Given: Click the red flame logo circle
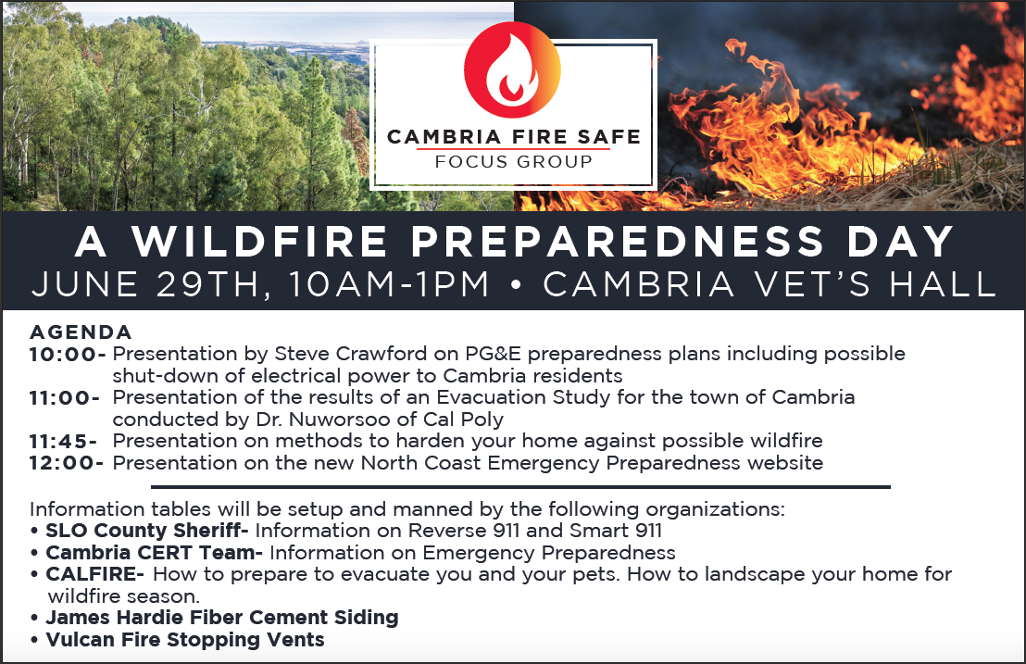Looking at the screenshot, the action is pyautogui.click(x=512, y=69).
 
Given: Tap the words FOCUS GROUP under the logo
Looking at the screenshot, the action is pyautogui.click(x=514, y=161).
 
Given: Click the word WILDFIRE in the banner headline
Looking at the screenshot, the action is pyautogui.click(x=260, y=241).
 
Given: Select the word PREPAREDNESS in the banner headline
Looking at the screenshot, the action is pyautogui.click(x=617, y=241).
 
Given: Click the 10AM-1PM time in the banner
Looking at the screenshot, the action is pyautogui.click(x=389, y=284).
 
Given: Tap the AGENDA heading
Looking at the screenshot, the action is pyautogui.click(x=81, y=332).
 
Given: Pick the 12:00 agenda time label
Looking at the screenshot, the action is pyautogui.click(x=67, y=463).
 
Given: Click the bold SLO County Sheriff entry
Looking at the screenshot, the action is pyautogui.click(x=146, y=530).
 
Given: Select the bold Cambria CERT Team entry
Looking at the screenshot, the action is pyautogui.click(x=154, y=552).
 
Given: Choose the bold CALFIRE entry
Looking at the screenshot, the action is pyautogui.click(x=94, y=574).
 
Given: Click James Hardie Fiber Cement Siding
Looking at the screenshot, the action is pyautogui.click(x=222, y=618).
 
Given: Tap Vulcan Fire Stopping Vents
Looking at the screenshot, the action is pyautogui.click(x=184, y=640).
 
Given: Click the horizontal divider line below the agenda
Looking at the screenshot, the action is pyautogui.click(x=520, y=487).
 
